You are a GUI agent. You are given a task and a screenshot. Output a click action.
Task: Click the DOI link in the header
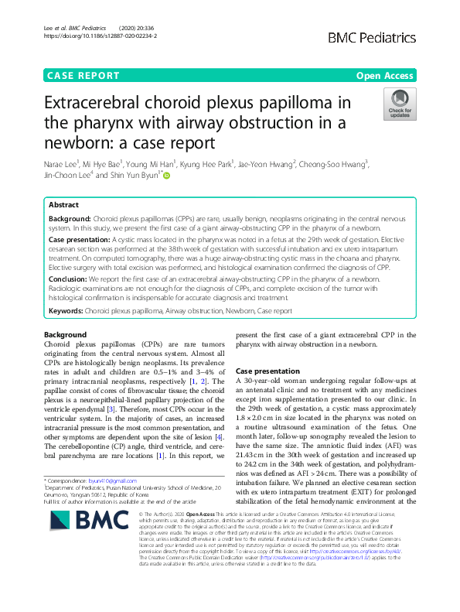pos(101,36)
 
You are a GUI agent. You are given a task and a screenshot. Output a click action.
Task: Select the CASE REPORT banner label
pos(83,76)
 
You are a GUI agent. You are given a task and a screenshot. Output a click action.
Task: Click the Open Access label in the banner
pos(384,76)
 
